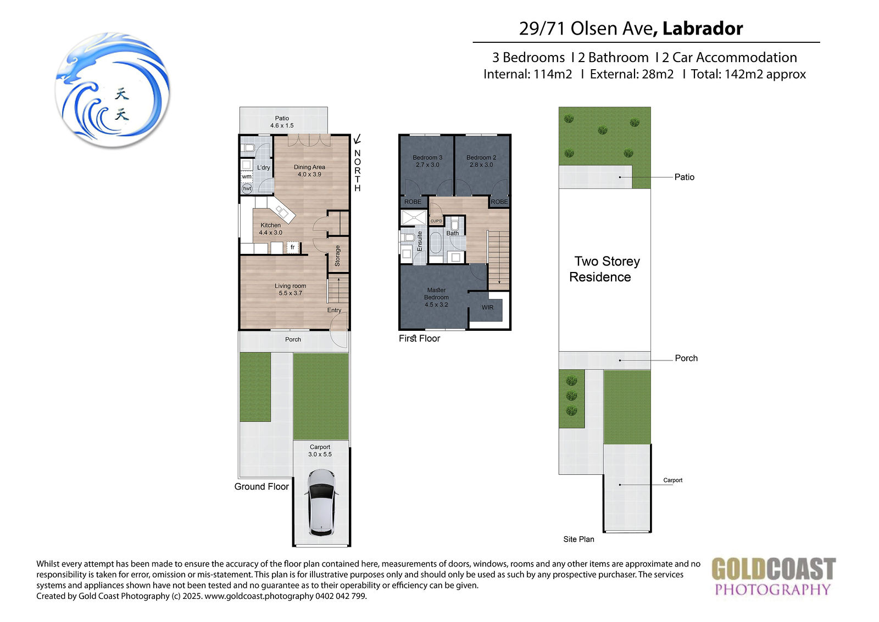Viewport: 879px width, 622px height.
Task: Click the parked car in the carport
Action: point(321,503)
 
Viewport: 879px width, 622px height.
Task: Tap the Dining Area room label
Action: point(309,171)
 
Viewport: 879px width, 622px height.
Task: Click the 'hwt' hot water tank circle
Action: point(247,189)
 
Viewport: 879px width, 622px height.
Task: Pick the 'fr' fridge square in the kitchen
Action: point(292,247)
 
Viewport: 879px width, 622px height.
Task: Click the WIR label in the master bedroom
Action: point(487,307)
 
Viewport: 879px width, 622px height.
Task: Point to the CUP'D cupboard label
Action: point(436,221)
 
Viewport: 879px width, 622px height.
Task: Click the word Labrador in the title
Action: point(703,28)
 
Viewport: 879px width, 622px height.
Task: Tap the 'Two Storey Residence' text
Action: point(604,269)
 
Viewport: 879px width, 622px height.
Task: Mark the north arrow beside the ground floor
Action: point(357,139)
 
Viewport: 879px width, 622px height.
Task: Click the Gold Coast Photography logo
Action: point(774,576)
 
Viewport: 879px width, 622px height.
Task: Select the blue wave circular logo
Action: point(113,90)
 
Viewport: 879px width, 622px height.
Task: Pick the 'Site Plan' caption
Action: point(578,539)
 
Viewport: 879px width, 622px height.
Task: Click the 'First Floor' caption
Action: point(419,338)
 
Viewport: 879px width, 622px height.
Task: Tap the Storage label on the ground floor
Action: point(337,256)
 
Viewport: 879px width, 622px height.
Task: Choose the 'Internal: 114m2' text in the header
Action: point(527,74)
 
